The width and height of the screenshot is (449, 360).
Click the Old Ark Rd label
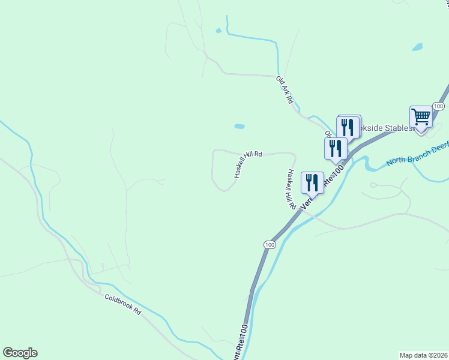pyautogui.click(x=284, y=88)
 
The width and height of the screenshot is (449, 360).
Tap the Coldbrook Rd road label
pyautogui.click(x=122, y=304)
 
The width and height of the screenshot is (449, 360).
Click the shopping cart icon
pyautogui.click(x=421, y=117)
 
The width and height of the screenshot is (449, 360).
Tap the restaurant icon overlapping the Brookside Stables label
pyautogui.click(x=348, y=127)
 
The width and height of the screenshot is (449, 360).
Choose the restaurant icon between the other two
pyautogui.click(x=336, y=148)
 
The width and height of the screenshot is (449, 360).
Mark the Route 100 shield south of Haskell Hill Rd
pyautogui.click(x=270, y=244)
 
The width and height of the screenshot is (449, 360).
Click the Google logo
pyautogui.click(x=20, y=353)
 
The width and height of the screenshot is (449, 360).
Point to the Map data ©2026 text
pyautogui.click(x=423, y=355)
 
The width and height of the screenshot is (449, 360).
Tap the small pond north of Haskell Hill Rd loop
pyautogui.click(x=239, y=127)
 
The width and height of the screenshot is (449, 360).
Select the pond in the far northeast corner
pyautogui.click(x=417, y=47)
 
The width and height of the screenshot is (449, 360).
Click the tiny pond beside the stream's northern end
pyautogui.click(x=218, y=31)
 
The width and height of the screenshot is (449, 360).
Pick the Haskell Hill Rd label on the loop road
pyautogui.click(x=247, y=164)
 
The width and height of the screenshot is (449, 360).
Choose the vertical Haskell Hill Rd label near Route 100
pyautogui.click(x=291, y=188)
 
